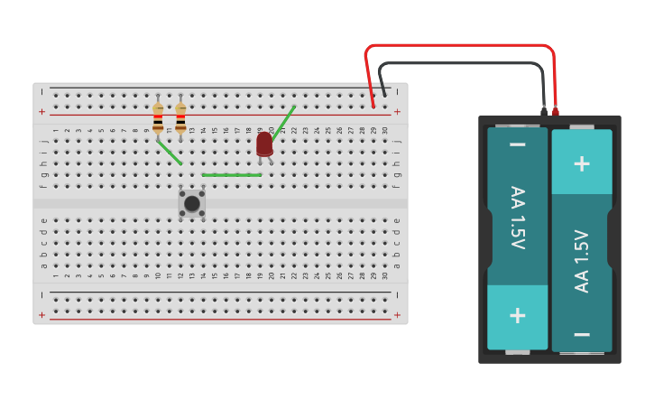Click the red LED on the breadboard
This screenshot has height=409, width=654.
coord(264,144)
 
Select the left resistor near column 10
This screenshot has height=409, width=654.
coord(158,117)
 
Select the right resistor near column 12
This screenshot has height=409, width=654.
coord(180,117)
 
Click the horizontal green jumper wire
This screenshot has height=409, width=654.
coord(232,175)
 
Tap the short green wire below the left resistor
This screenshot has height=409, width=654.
coord(170,153)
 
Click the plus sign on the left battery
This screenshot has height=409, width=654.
coord(518,315)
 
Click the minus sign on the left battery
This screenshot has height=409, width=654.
coord(518,144)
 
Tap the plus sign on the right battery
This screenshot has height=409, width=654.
coord(582,163)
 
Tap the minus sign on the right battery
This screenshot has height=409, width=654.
coord(582,334)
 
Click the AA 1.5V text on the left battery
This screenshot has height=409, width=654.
coord(518,218)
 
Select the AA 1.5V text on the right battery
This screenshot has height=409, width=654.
coord(582,261)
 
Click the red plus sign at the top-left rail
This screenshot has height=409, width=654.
coord(41,112)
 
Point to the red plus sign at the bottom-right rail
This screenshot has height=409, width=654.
coord(397,315)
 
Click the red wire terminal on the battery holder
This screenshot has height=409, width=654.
coord(555,112)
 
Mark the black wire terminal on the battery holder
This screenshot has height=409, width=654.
coord(544,112)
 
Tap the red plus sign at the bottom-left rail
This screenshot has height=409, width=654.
coord(41,315)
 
